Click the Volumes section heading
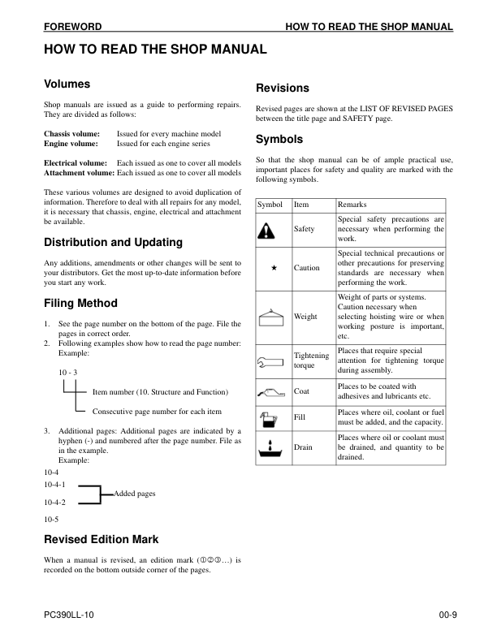pyautogui.click(x=67, y=84)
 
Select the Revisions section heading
pyautogui.click(x=282, y=88)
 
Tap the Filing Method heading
pyautogui.click(x=80, y=304)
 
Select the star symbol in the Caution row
pyautogui.click(x=274, y=268)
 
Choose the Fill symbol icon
pyautogui.click(x=270, y=417)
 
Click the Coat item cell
pyautogui.click(x=301, y=391)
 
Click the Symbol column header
pyautogui.click(x=270, y=205)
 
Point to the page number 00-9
pyautogui.click(x=441, y=617)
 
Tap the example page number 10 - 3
pyautogui.click(x=67, y=372)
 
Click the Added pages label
pyautogui.click(x=135, y=494)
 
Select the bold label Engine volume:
pyautogui.click(x=71, y=143)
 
